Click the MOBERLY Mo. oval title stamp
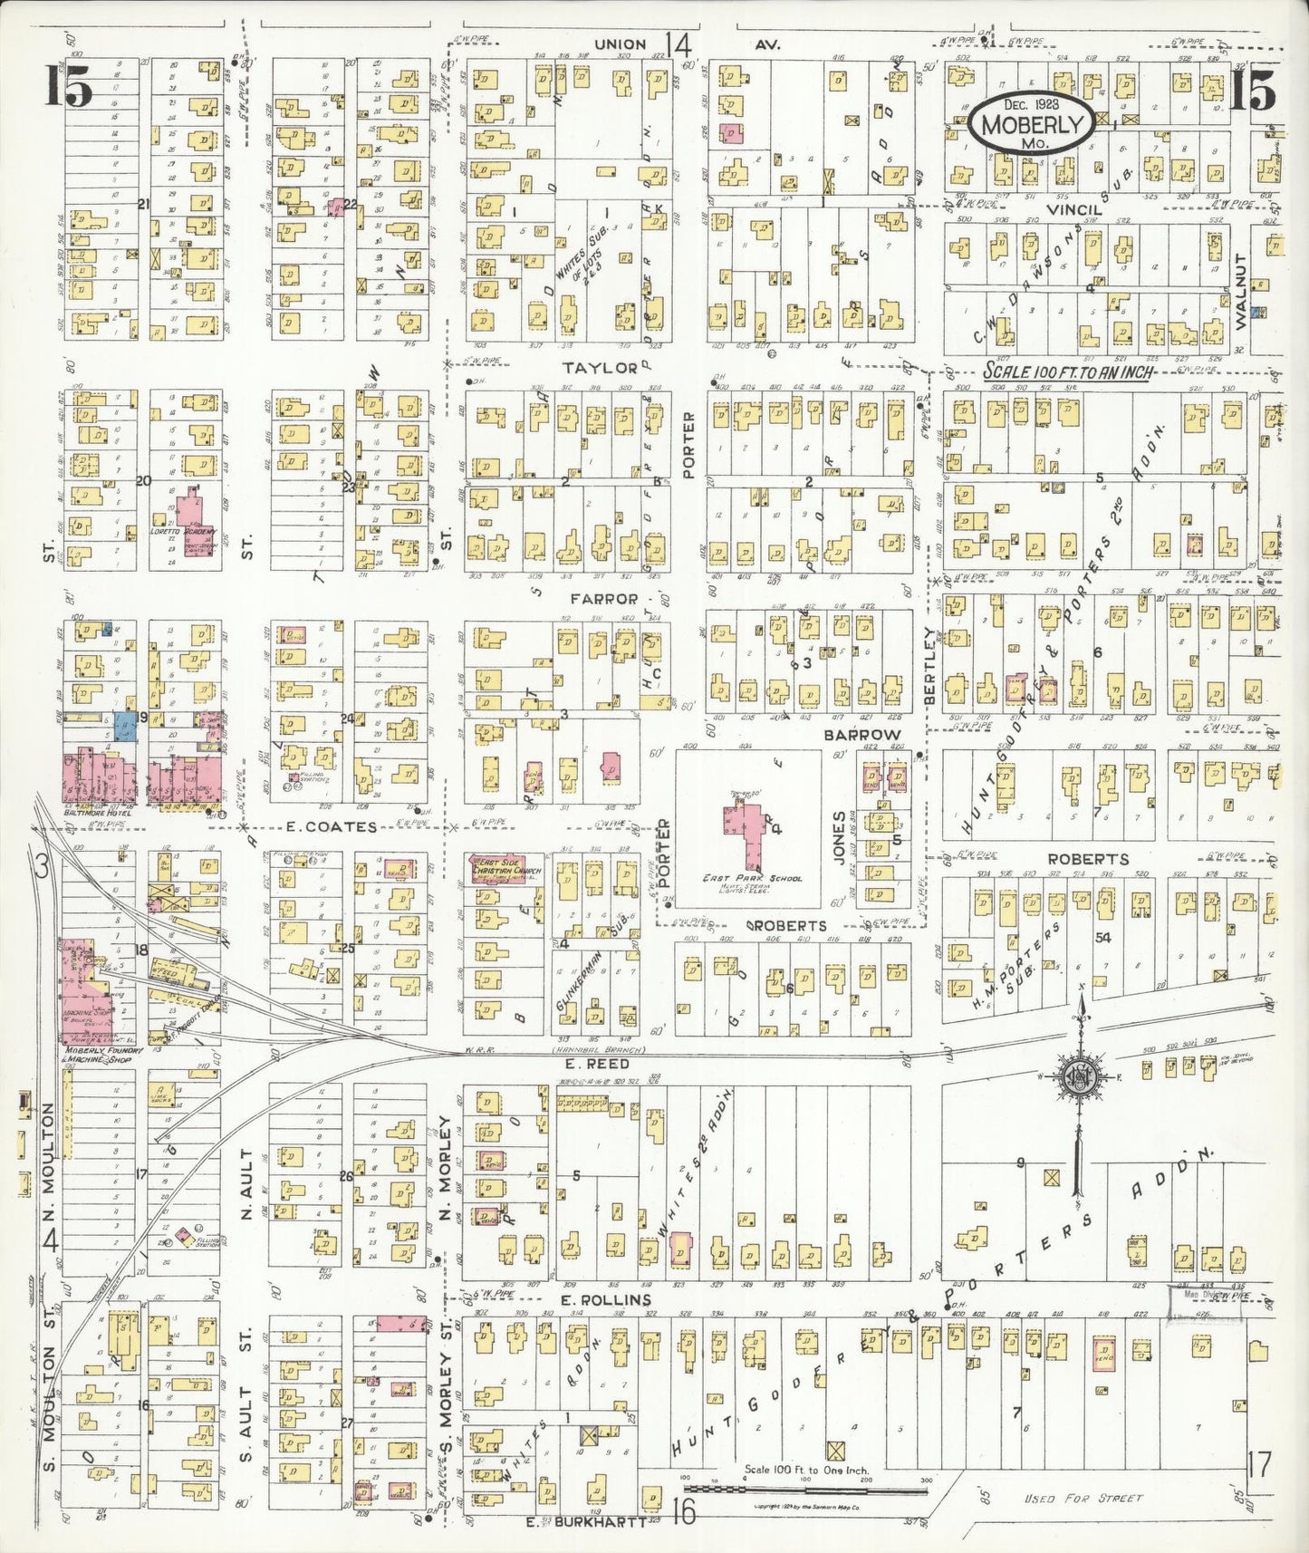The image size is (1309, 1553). (1028, 126)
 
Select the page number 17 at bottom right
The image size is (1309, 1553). (1259, 1463)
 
